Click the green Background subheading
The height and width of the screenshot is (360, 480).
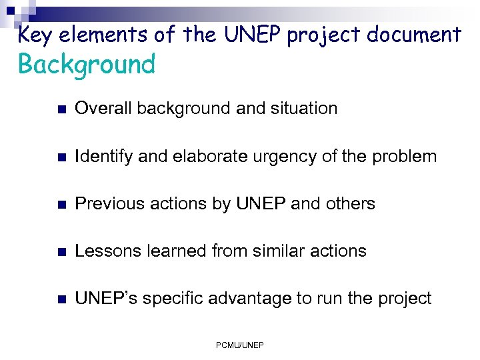(87, 65)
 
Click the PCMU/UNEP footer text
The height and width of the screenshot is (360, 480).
(240, 345)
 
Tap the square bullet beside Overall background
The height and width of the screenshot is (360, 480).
(61, 109)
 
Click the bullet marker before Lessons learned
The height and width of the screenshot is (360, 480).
(61, 252)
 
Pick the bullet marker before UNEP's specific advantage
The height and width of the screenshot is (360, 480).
(61, 299)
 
